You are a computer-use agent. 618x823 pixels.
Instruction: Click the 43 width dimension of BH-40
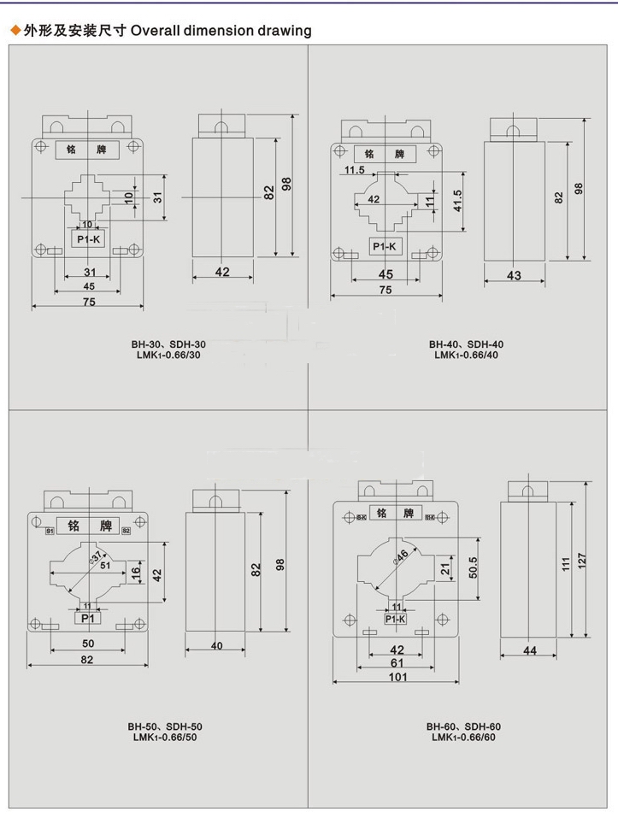pyautogui.click(x=514, y=276)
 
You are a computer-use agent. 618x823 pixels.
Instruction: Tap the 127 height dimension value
pyautogui.click(x=582, y=561)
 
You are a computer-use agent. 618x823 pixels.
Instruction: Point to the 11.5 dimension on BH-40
pyautogui.click(x=354, y=170)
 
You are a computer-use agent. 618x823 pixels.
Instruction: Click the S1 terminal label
pyautogui.click(x=50, y=532)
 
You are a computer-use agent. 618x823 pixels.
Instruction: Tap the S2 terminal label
pyautogui.click(x=126, y=532)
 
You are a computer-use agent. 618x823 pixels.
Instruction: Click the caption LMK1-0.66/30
pyautogui.click(x=168, y=355)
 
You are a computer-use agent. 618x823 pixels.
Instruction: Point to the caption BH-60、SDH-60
pyautogui.click(x=463, y=726)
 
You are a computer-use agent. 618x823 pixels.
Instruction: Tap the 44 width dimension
pyautogui.click(x=530, y=651)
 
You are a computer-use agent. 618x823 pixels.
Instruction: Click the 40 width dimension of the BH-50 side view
pyautogui.click(x=216, y=645)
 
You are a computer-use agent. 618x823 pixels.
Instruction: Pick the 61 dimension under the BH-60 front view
pyautogui.click(x=396, y=662)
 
